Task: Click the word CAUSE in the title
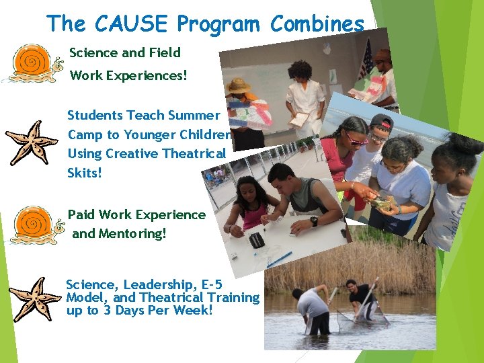coord(131,24)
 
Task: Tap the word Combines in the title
coord(317,24)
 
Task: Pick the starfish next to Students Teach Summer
coord(32,143)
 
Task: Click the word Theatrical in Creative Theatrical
coord(194,153)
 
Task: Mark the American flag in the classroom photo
coord(366,61)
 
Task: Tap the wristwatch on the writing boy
coord(314,221)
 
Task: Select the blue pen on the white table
coord(278,258)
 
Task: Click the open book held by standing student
coord(299,119)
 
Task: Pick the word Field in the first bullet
coord(165,52)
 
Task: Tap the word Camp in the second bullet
coord(85,134)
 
